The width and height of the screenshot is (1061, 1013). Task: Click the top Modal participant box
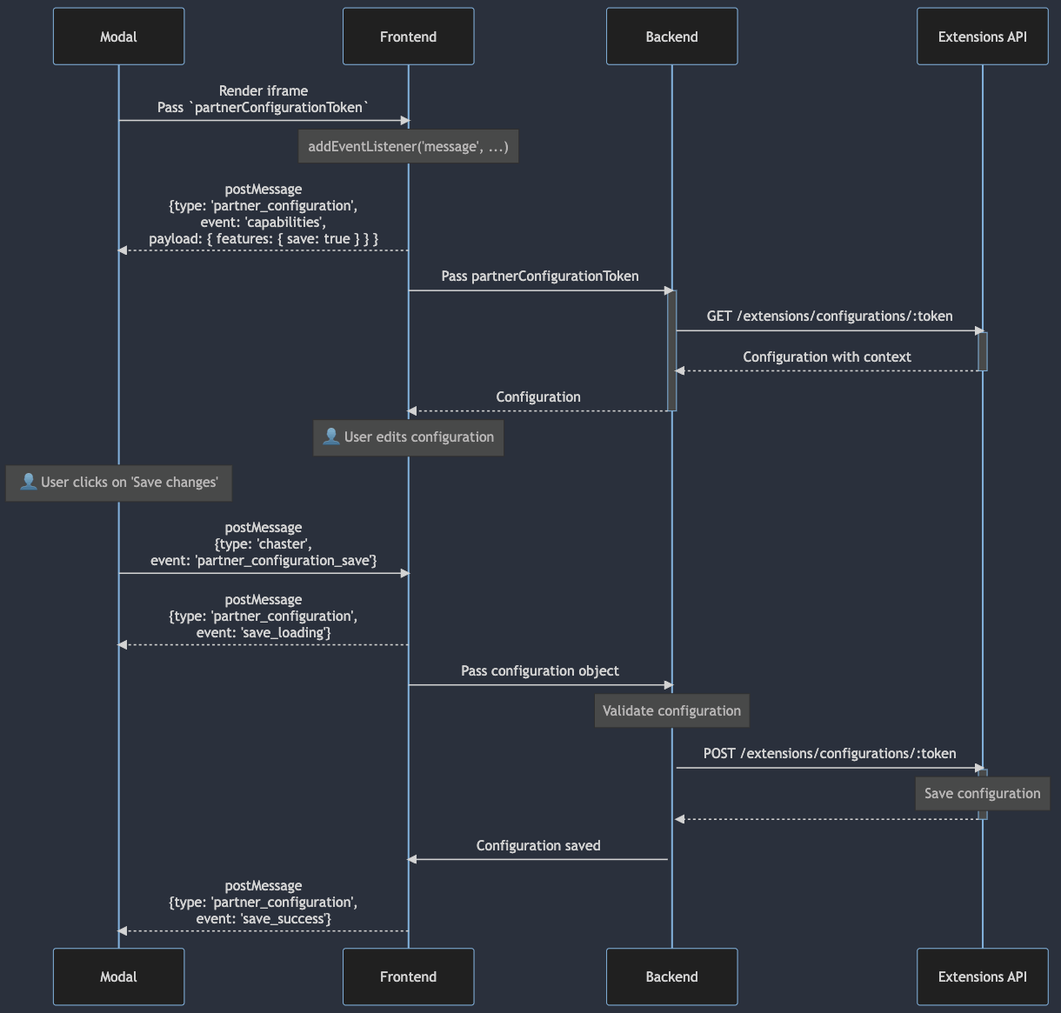pyautogui.click(x=118, y=37)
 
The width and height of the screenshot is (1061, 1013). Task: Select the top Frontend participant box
pyautogui.click(x=408, y=37)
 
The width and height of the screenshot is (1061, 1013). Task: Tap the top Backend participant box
pyautogui.click(x=671, y=37)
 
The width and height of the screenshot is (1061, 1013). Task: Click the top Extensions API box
pyautogui.click(x=982, y=37)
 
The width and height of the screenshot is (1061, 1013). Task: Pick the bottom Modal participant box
pyautogui.click(x=118, y=976)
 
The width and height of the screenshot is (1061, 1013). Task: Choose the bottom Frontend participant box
pyautogui.click(x=408, y=976)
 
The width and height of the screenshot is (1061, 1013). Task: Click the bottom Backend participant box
pyautogui.click(x=671, y=976)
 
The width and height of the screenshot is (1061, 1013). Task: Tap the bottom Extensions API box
pyautogui.click(x=982, y=976)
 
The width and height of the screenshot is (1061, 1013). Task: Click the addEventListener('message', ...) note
pyautogui.click(x=408, y=146)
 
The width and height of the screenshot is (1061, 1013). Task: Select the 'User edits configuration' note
pyautogui.click(x=408, y=437)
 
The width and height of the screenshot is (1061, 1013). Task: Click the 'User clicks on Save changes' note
pyautogui.click(x=119, y=483)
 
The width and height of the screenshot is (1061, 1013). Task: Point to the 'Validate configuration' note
pyautogui.click(x=671, y=710)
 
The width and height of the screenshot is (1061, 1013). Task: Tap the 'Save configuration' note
pyautogui.click(x=982, y=793)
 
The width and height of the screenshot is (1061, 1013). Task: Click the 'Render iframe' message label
pyautogui.click(x=264, y=90)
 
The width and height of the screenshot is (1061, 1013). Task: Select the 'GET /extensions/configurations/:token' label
pyautogui.click(x=830, y=317)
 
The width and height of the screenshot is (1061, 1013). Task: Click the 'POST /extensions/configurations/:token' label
pyautogui.click(x=830, y=754)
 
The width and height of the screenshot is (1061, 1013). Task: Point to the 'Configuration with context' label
pyautogui.click(x=827, y=357)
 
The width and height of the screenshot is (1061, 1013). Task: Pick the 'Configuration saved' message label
pyautogui.click(x=538, y=845)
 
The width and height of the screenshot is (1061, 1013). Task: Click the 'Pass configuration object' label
pyautogui.click(x=540, y=671)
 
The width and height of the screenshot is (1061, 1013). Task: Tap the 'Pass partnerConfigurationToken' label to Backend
pyautogui.click(x=540, y=277)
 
